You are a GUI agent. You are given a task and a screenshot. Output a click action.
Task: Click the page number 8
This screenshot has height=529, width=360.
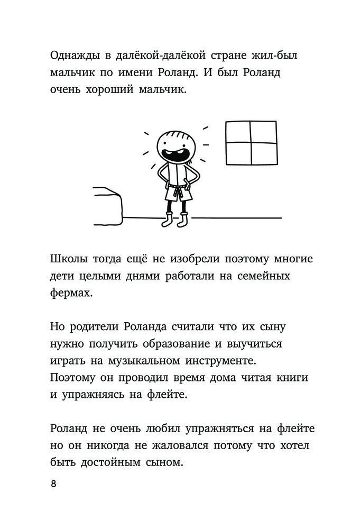point(53,485)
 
